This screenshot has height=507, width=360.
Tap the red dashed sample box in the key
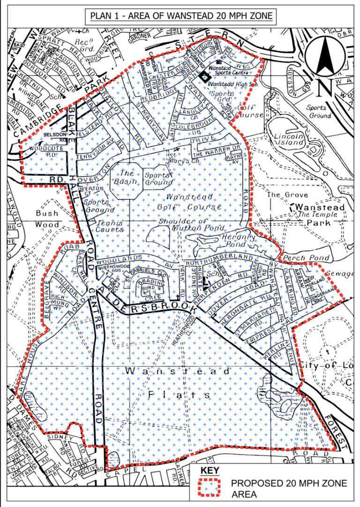click(209, 488)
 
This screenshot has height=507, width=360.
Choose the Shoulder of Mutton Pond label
click(183, 225)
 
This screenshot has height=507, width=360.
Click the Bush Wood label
click(47, 219)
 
